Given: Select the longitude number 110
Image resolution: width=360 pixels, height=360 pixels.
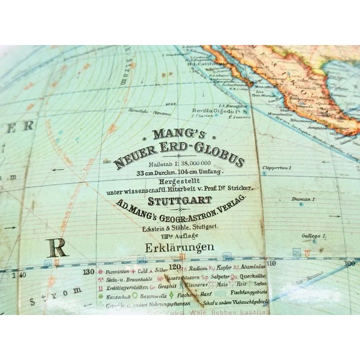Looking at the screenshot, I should click(x=273, y=263).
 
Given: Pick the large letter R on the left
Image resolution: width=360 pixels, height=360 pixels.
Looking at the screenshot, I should click(x=58, y=247).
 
